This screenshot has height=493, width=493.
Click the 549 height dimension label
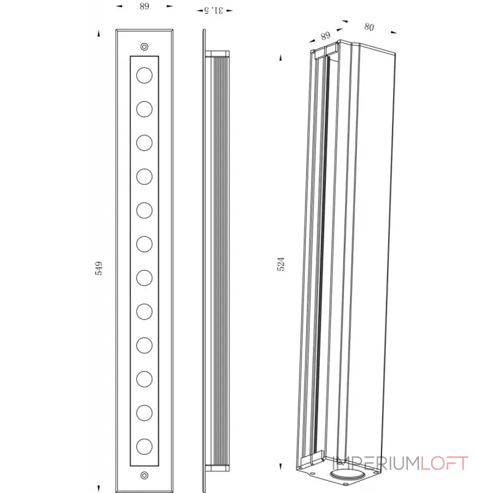pos(99,268)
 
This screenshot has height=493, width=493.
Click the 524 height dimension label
pos(281,264)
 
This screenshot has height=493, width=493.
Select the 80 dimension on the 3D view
pos(369,27)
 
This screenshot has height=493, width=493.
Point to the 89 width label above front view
pos(144,6)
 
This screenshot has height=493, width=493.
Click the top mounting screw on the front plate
pos(144,47)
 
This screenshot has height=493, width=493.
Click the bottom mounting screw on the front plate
pos(144,475)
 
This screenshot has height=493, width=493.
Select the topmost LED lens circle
pos(144,75)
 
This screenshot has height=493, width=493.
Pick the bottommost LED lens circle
pos(144,446)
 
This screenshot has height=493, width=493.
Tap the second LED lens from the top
pos(144,109)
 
